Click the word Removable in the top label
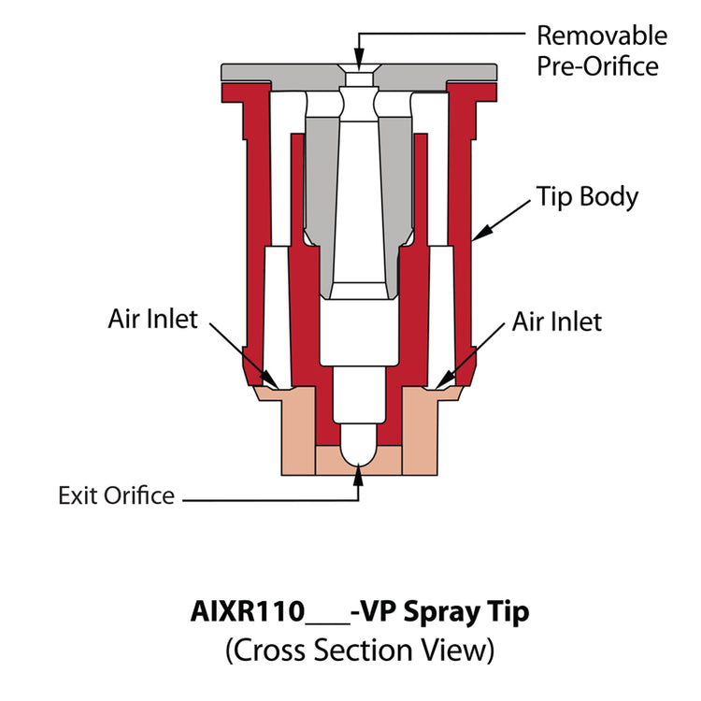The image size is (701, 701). click(601, 36)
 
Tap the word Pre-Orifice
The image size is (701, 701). click(596, 66)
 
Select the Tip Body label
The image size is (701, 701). click(586, 197)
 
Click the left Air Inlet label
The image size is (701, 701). click(152, 319)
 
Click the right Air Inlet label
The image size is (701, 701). click(557, 322)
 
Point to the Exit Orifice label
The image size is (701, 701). click(116, 494)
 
